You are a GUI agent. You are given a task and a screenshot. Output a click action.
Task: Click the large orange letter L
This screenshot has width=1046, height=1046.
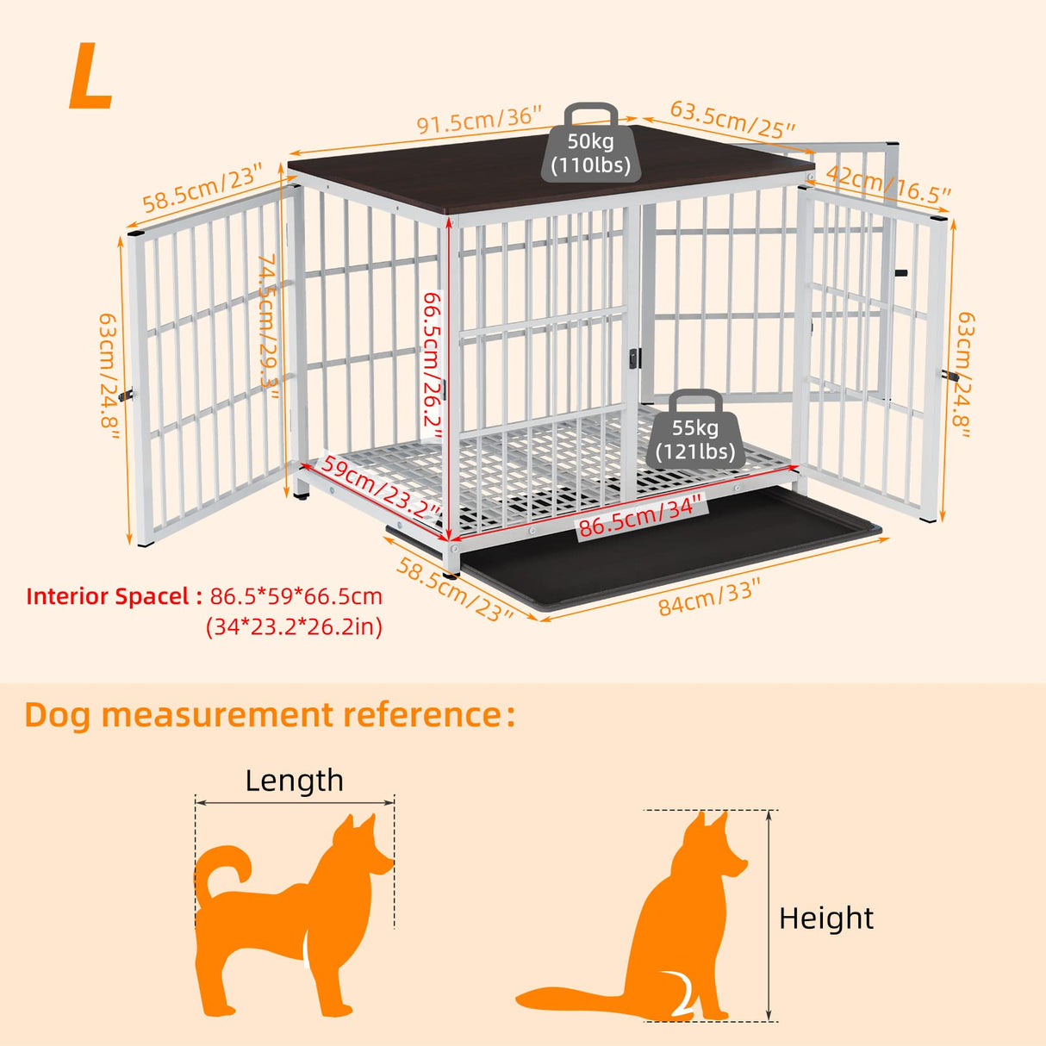pyautogui.click(x=90, y=78)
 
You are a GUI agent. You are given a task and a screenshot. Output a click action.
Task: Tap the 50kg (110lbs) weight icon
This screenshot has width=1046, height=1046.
pyautogui.click(x=591, y=145)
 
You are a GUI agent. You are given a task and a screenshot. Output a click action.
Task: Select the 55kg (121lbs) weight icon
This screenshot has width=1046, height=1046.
pyautogui.click(x=695, y=431)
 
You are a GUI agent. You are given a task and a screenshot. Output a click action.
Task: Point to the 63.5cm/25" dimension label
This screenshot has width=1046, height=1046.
pyautogui.click(x=732, y=120)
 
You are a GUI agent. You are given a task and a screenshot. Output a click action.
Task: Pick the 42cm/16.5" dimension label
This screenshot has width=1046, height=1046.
pyautogui.click(x=887, y=188)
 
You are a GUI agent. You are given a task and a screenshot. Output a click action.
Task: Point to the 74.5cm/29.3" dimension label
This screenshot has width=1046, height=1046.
pyautogui.click(x=270, y=327)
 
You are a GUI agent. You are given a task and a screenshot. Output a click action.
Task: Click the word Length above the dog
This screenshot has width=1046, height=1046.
pyautogui.click(x=294, y=781)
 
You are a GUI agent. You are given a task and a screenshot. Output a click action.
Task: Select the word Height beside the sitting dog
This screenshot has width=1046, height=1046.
pyautogui.click(x=825, y=918)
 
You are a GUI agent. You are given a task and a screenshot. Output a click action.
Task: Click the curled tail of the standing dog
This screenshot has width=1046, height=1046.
pyautogui.click(x=221, y=870)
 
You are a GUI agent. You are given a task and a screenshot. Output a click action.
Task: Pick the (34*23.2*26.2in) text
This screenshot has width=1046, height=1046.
pyautogui.click(x=294, y=626)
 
